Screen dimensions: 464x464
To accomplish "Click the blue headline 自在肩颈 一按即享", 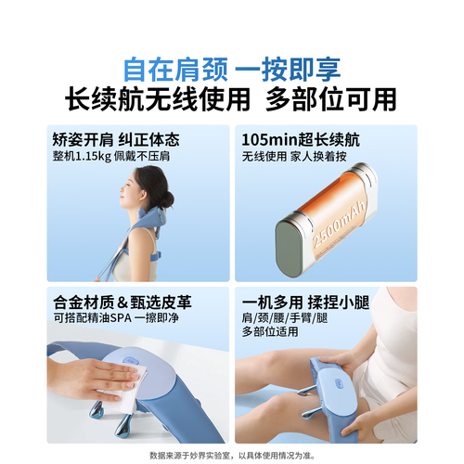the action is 232,69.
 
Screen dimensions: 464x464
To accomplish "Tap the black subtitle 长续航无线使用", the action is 158,99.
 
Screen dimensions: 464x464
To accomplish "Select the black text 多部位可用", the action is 331,99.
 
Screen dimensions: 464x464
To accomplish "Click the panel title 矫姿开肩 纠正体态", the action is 116,139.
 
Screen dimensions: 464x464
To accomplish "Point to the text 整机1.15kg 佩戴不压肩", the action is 111,156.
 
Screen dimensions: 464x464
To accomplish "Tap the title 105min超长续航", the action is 301,140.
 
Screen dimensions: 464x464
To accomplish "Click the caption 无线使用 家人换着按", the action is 294,157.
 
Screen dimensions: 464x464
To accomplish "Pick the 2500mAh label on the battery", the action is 340,225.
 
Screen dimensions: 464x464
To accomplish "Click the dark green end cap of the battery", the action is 289,249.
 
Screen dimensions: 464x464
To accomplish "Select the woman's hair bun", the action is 167,200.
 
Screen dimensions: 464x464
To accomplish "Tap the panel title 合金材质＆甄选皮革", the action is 122,303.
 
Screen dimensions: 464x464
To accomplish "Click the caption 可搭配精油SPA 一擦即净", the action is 116,318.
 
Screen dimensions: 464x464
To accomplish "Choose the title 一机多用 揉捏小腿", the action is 305,303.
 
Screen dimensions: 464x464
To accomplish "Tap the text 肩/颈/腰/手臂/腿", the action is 285,318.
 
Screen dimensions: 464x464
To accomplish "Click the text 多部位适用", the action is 270,331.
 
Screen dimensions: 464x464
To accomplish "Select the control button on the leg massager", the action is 339,383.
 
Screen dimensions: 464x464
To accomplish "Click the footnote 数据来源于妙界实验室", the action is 189,456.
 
